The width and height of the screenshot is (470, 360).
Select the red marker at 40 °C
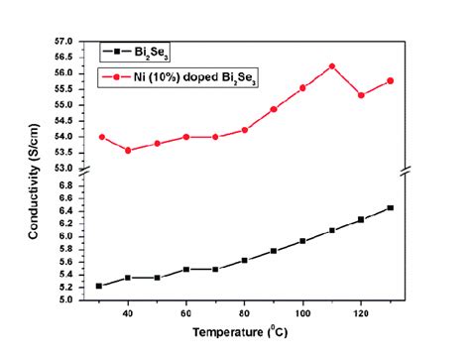pyautogui.click(x=128, y=150)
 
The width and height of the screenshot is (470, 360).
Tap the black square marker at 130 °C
pyautogui.click(x=390, y=207)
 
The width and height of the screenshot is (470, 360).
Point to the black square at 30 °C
pyautogui.click(x=98, y=286)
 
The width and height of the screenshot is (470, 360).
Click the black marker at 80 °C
pyautogui.click(x=244, y=260)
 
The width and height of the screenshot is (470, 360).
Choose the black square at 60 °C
pyautogui.click(x=185, y=269)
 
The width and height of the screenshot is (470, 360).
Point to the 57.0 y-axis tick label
pyautogui.click(x=64, y=42)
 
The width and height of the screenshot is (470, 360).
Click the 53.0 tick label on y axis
pyautogui.click(x=64, y=168)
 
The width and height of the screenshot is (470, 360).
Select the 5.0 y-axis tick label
pyautogui.click(x=67, y=300)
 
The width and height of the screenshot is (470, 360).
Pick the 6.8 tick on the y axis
pyautogui.click(x=67, y=185)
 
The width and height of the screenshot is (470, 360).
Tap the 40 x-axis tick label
pyautogui.click(x=128, y=313)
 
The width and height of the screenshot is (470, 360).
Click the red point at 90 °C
pyautogui.click(x=273, y=109)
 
